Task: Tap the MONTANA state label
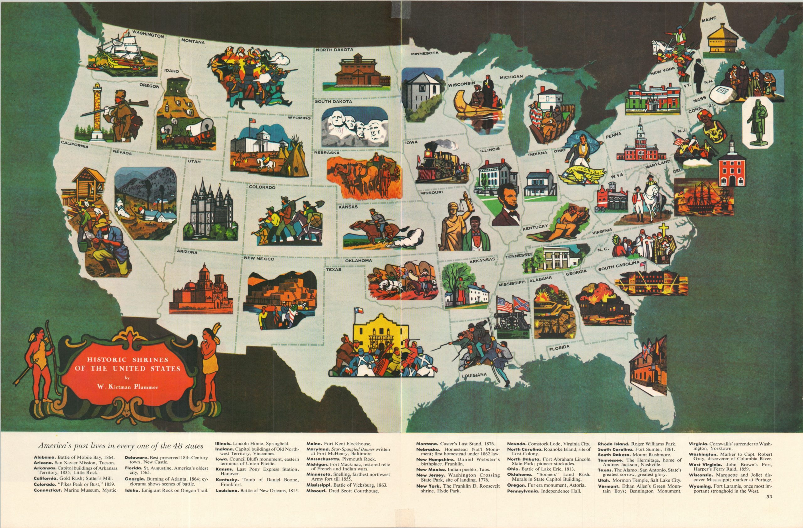pos(193,42)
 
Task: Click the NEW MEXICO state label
pos(259,259)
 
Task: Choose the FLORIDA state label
pos(559,348)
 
